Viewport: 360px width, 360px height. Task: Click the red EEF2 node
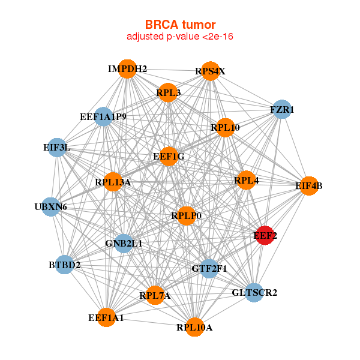[264, 236]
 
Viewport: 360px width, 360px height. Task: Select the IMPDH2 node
[127, 69]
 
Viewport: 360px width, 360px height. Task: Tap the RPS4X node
[209, 71]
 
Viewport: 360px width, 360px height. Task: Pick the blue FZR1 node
[281, 110]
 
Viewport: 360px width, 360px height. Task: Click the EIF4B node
[308, 186]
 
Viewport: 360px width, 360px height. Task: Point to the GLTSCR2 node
[254, 293]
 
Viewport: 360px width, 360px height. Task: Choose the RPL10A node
[194, 327]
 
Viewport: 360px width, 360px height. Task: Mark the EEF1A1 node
[106, 317]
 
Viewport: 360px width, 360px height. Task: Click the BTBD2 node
[64, 265]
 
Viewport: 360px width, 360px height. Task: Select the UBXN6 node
[51, 207]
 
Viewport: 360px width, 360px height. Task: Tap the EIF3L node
[57, 147]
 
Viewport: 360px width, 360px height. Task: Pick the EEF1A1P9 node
[104, 116]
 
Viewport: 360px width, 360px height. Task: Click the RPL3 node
[169, 92]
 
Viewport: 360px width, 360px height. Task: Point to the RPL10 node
[225, 127]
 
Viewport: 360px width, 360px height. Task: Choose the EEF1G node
[169, 157]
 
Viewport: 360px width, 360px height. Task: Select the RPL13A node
[113, 182]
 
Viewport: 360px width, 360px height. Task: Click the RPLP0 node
[186, 215]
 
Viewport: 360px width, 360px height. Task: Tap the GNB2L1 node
[124, 243]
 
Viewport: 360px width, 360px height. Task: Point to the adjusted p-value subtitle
[180, 37]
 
